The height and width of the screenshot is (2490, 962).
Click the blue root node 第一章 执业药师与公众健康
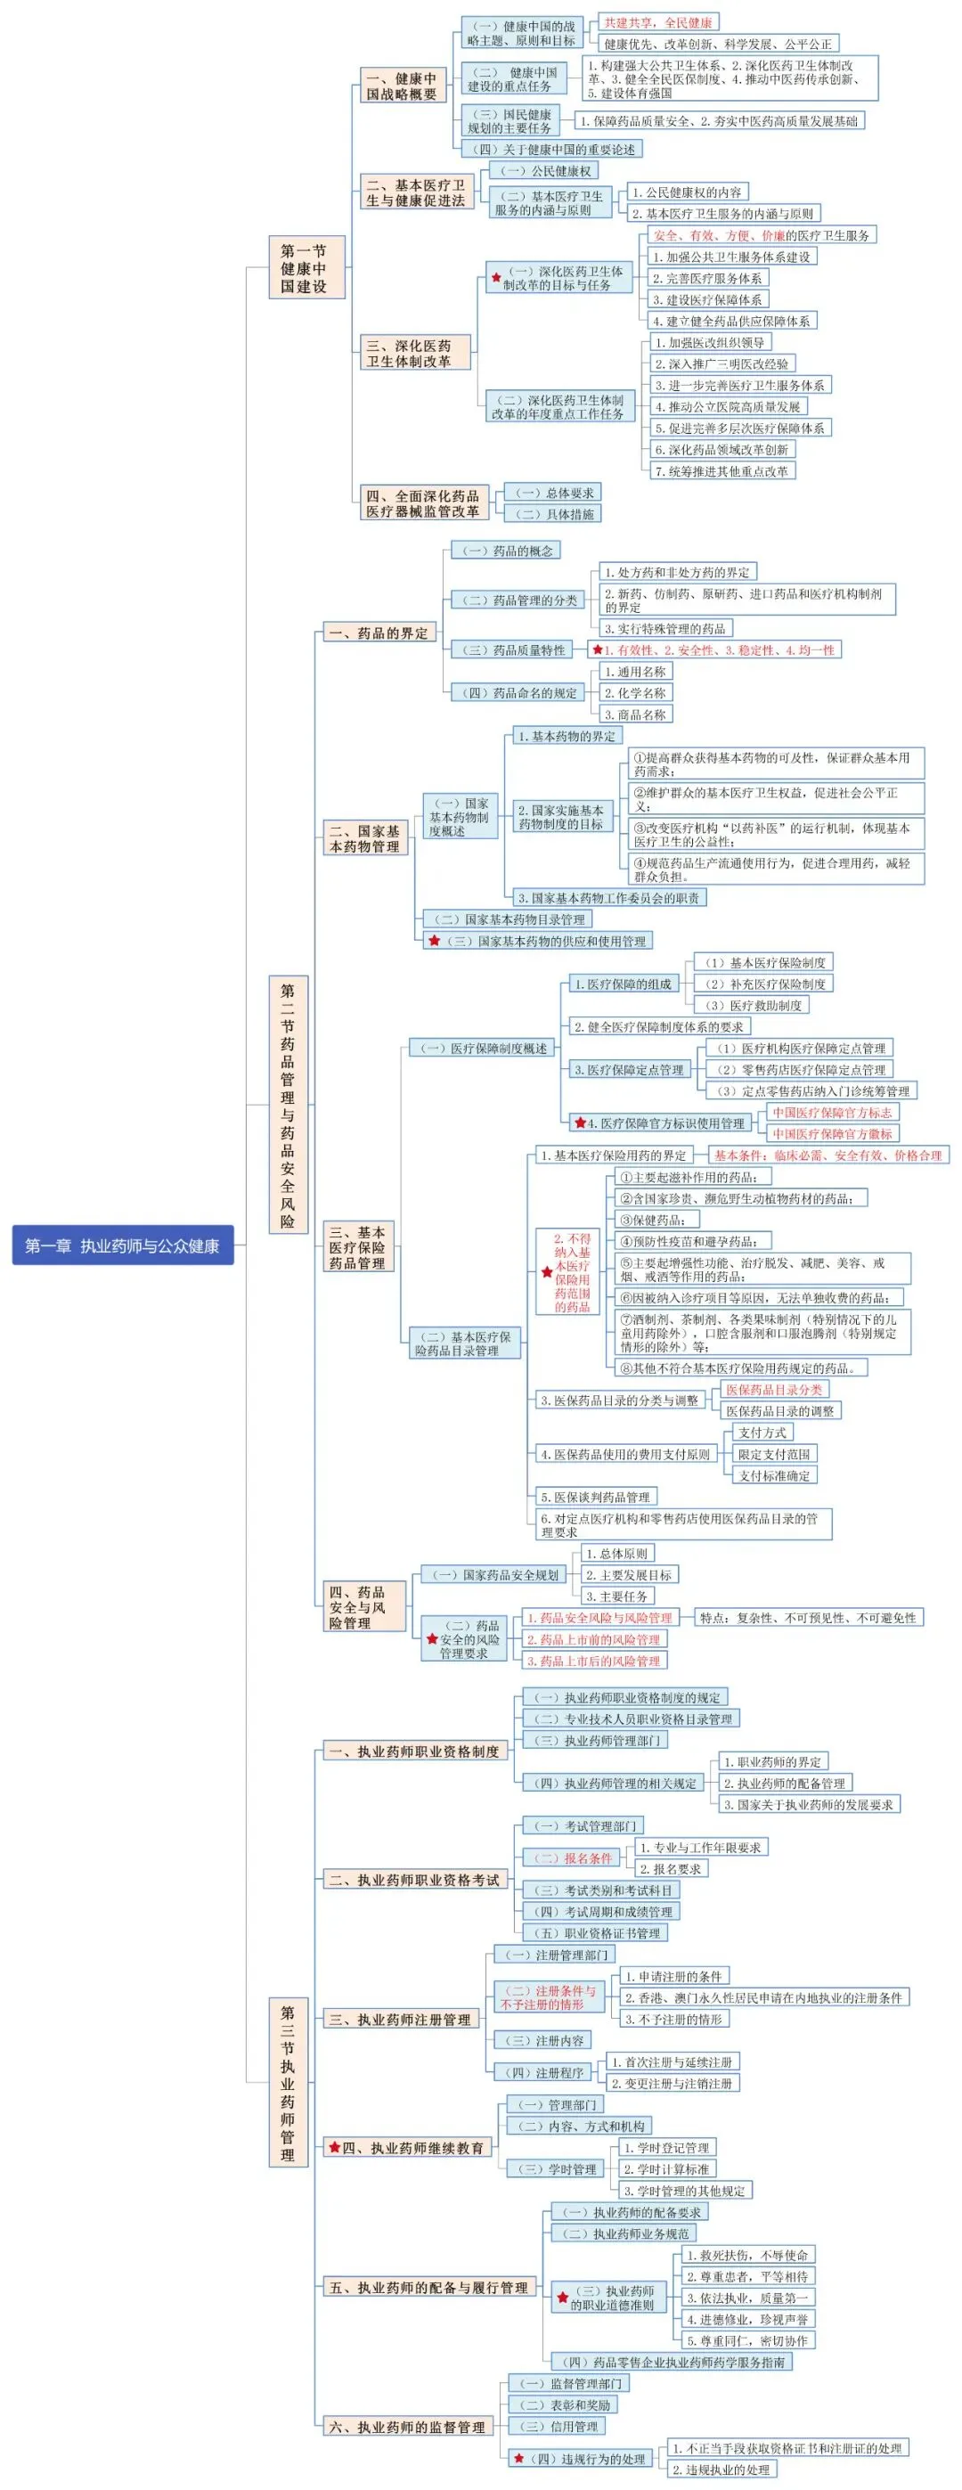(123, 1246)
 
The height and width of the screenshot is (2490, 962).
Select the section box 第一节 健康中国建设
(305, 269)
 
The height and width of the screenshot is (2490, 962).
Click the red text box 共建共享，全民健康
(657, 22)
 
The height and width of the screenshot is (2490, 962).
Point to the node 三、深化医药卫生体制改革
(416, 354)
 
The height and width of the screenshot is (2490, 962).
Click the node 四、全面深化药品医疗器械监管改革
(422, 503)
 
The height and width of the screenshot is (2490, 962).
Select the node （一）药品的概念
(506, 551)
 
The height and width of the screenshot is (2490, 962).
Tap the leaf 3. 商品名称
(634, 714)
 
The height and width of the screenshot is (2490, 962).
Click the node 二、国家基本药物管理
(364, 839)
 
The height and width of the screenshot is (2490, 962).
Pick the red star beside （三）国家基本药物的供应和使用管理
(434, 941)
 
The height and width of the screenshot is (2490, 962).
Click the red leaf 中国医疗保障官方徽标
(831, 1133)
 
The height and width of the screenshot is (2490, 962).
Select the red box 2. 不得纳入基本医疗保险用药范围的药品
(571, 1272)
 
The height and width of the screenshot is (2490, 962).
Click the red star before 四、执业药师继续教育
(335, 2148)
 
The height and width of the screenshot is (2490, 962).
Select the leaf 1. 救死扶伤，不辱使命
(746, 2255)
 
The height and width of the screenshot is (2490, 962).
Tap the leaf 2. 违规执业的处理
(721, 2470)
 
